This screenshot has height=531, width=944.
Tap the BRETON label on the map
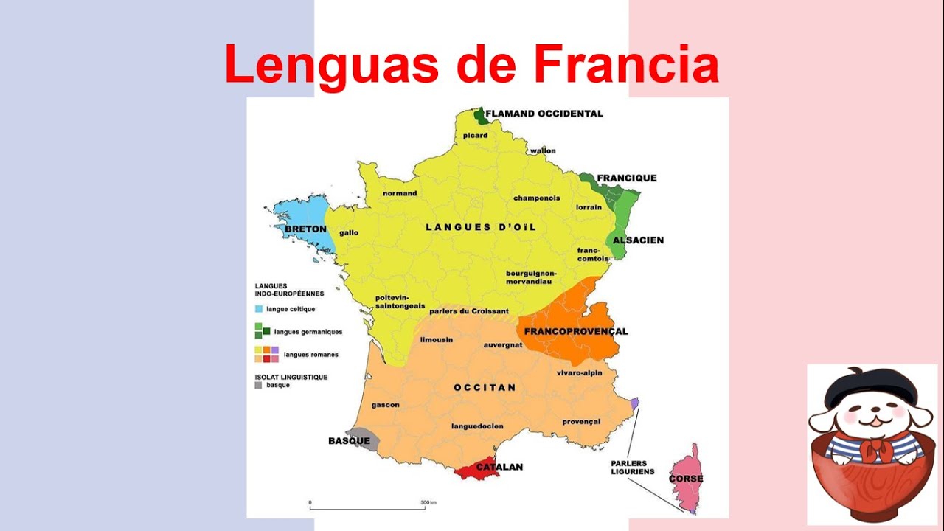tap(305, 229)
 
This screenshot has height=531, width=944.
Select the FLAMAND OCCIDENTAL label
tap(544, 114)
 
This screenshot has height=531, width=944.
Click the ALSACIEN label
tap(639, 240)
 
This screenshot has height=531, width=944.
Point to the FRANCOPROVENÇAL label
tap(576, 331)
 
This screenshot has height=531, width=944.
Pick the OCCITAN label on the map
tap(485, 387)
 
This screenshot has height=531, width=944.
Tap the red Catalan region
tap(476, 469)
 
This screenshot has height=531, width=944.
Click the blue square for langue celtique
tap(258, 309)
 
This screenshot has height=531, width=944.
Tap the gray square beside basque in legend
tap(258, 385)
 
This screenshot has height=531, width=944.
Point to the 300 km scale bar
tap(367, 507)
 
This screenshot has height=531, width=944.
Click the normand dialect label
tap(399, 193)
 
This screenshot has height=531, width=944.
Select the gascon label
tap(385, 404)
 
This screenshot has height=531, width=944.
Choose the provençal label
tap(581, 422)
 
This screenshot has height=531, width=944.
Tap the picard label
tap(476, 136)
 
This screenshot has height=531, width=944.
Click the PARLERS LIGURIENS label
tap(632, 468)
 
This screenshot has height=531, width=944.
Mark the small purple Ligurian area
tap(635, 402)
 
